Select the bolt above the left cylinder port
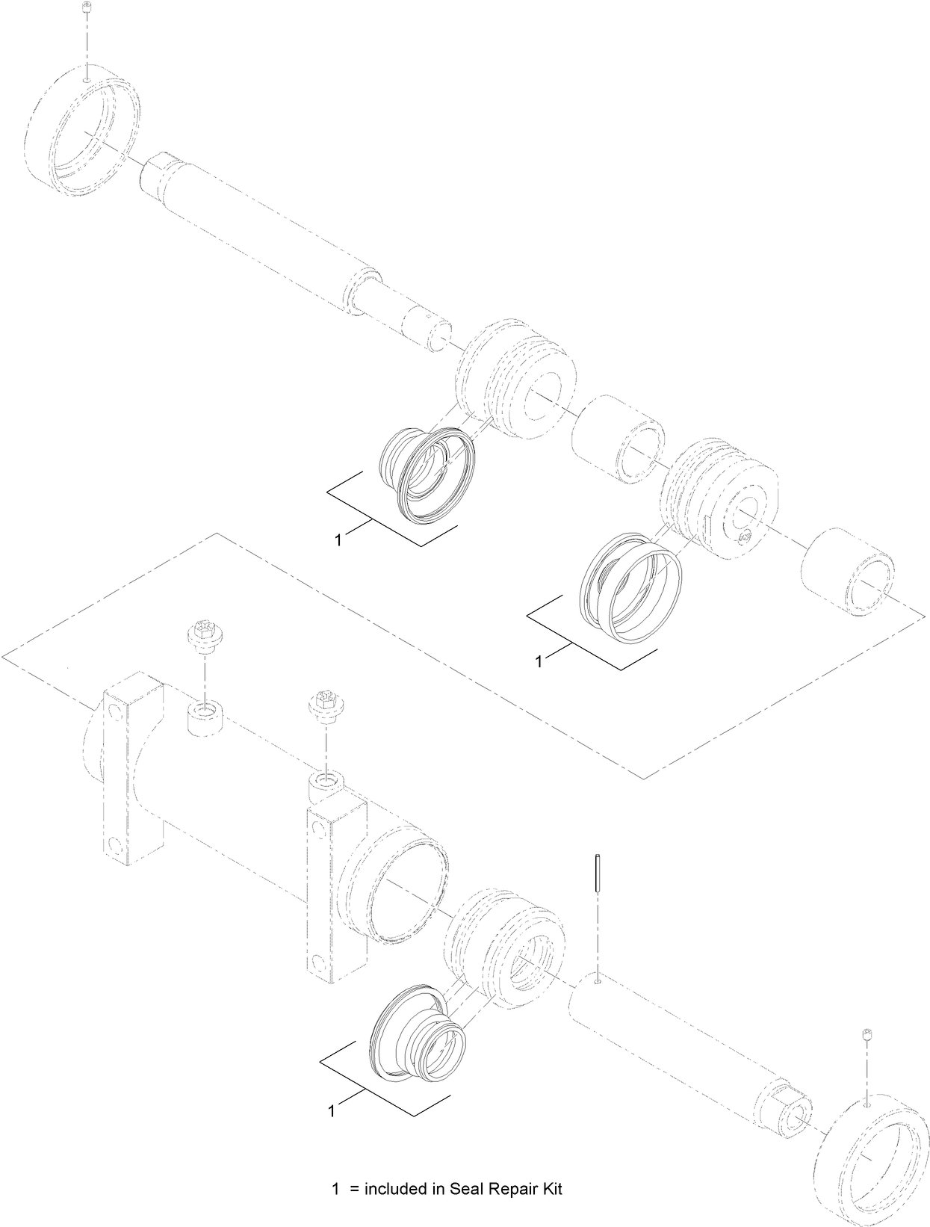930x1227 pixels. point(201,636)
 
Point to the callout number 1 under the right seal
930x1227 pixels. point(539,661)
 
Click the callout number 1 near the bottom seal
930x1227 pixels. point(331,1111)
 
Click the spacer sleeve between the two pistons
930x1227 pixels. point(619,440)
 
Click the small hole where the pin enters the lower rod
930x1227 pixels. point(598,980)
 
